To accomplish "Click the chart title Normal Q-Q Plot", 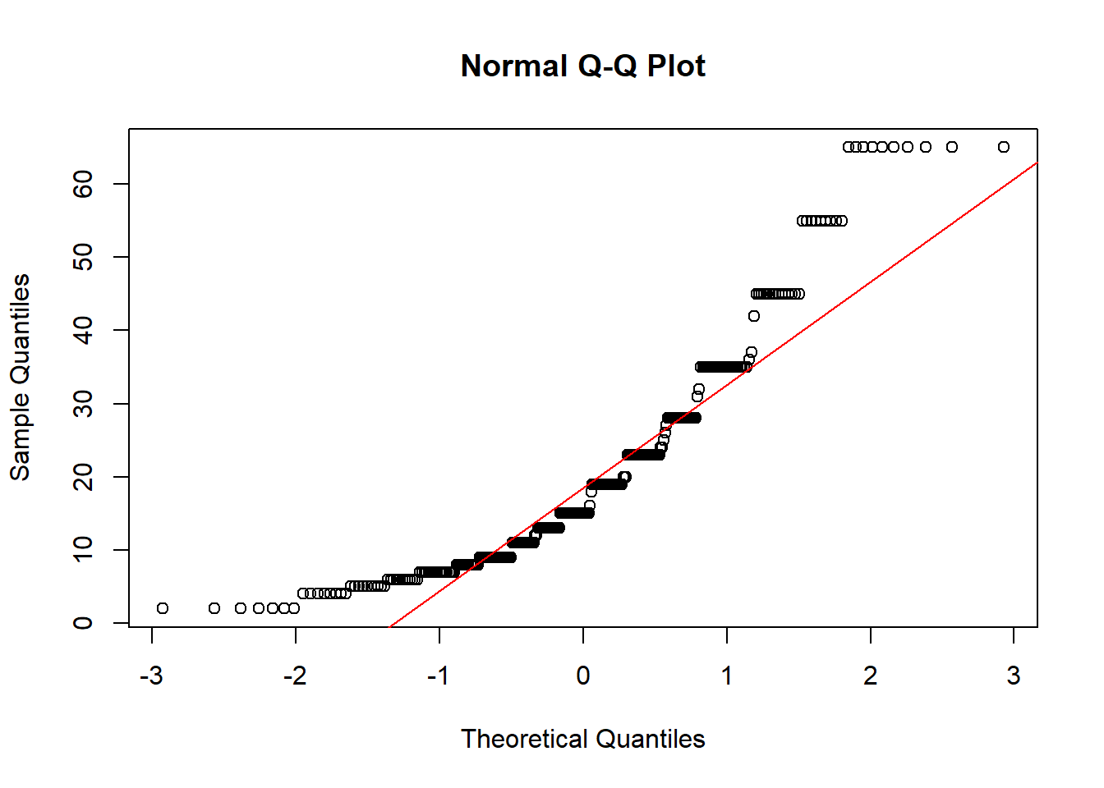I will [582, 66].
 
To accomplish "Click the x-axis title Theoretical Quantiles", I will [582, 739].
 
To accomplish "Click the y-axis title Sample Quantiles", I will [20, 377].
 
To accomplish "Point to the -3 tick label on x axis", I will [151, 676].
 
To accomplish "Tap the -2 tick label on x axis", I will [295, 676].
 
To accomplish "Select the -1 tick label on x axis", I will [439, 676].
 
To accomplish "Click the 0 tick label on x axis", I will [583, 676].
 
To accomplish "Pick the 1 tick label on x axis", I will [727, 676].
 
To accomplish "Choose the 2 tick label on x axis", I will [871, 676].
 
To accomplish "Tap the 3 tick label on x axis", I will [1014, 676].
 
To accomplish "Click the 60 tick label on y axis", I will [83, 184].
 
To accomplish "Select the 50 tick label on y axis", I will [83, 257].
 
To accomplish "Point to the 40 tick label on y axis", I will [83, 330].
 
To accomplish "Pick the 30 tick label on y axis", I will [83, 404].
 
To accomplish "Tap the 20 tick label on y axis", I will [83, 477].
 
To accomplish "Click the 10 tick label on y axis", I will [83, 550].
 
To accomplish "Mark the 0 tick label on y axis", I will [83, 623].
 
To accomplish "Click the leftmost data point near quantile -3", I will [163, 608].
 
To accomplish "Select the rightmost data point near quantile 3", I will [1004, 147].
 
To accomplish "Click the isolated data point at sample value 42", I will [754, 316].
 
